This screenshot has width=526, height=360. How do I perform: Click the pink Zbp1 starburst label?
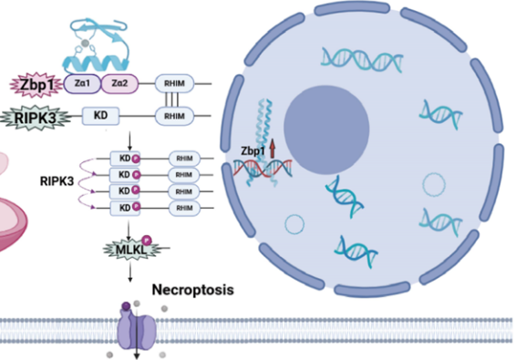[x=30, y=86]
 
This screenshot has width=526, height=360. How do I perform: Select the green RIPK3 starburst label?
[x=33, y=116]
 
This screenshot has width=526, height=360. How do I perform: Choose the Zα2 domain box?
[x=117, y=86]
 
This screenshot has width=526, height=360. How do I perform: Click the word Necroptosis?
[x=192, y=291]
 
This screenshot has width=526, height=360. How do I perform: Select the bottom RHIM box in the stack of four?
[x=184, y=208]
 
